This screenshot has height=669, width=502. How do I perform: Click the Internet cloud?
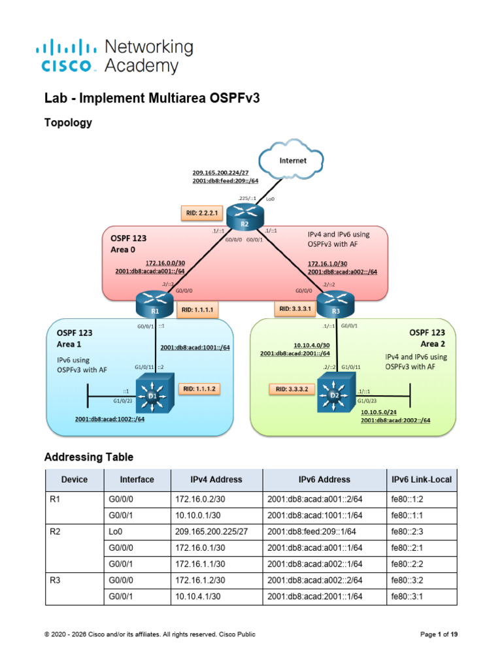pyautogui.click(x=291, y=159)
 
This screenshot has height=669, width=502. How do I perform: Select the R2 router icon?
pyautogui.click(x=245, y=217)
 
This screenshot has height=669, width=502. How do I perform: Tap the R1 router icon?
pyautogui.click(x=154, y=304)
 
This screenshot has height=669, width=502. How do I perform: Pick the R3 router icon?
pyautogui.click(x=335, y=304)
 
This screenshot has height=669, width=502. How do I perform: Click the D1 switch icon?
pyautogui.click(x=154, y=393)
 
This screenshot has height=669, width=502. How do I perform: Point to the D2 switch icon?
pyautogui.click(x=337, y=393)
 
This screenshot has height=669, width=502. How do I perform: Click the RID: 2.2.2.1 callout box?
pyautogui.click(x=202, y=213)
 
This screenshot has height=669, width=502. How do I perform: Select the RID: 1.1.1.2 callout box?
pyautogui.click(x=199, y=389)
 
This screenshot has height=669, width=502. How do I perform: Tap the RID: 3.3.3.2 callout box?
pyautogui.click(x=292, y=389)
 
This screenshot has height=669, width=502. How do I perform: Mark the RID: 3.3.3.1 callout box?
pyautogui.click(x=295, y=308)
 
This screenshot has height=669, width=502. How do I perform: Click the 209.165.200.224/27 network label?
pyautogui.click(x=220, y=172)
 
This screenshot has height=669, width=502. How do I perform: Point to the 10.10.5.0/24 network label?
pyautogui.click(x=378, y=412)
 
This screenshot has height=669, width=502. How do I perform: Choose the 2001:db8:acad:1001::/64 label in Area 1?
pyautogui.click(x=195, y=348)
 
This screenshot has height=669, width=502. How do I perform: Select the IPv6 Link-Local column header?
pyautogui.click(x=422, y=480)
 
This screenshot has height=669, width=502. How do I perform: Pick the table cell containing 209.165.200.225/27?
pyautogui.click(x=217, y=532)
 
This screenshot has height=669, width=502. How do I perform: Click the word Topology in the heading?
pyautogui.click(x=68, y=123)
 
